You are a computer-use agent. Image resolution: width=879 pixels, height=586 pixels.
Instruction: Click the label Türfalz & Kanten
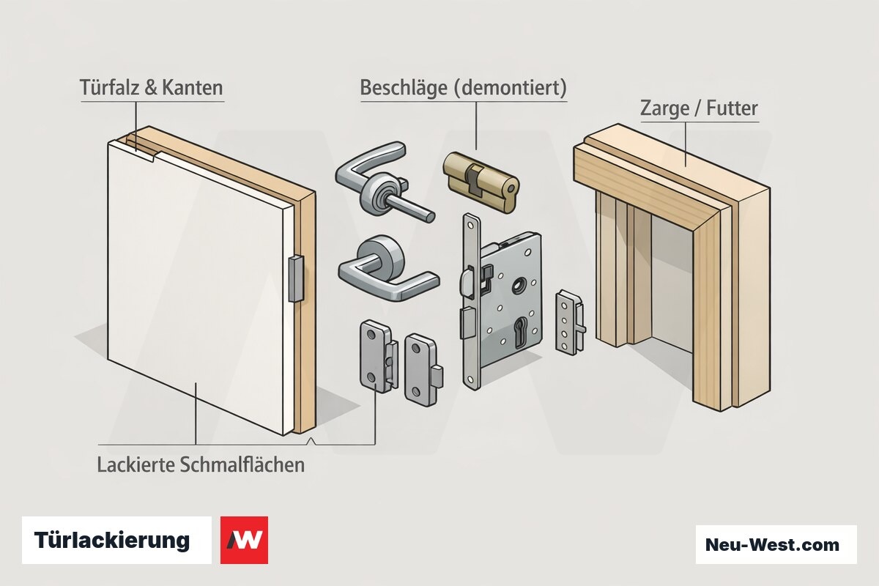(x=152, y=87)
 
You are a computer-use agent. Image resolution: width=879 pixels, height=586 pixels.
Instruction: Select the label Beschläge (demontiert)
(x=464, y=87)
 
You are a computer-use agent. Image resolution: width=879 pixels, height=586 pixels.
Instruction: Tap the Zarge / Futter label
(x=699, y=108)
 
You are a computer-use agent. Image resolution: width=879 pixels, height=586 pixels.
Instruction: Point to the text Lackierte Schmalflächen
(x=201, y=464)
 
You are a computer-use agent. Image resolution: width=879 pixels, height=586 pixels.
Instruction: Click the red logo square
(x=244, y=540)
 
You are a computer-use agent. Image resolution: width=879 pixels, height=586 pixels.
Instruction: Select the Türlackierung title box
(x=116, y=540)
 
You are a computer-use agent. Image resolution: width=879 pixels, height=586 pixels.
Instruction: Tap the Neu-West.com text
(x=772, y=544)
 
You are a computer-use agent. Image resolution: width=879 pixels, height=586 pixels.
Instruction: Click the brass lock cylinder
(x=481, y=182)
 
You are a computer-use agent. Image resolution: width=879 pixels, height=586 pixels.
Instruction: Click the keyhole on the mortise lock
(x=520, y=332)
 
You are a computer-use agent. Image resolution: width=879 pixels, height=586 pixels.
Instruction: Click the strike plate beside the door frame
(x=570, y=322)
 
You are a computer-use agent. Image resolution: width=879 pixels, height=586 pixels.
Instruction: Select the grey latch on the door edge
(x=296, y=278)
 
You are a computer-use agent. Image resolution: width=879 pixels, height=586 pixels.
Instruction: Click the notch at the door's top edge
(x=155, y=157)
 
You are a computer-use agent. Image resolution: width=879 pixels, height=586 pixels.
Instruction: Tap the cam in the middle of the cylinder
(x=474, y=182)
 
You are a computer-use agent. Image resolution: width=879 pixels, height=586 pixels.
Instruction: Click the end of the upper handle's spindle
(x=431, y=217)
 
